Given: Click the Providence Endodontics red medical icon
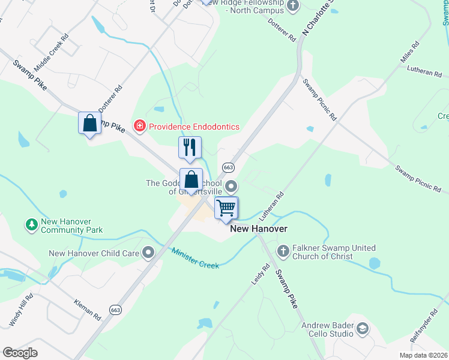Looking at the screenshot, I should click(x=140, y=126).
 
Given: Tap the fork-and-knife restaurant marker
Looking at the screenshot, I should click(x=190, y=148).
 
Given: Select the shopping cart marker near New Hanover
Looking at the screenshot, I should click(x=226, y=209).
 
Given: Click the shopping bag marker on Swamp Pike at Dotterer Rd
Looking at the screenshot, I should click(x=89, y=123).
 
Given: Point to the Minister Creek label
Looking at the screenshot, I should click(x=195, y=258).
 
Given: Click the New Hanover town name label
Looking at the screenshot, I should click(x=259, y=229).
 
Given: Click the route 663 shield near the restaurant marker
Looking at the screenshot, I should click(x=228, y=167).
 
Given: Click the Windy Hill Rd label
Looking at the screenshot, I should click(x=20, y=310).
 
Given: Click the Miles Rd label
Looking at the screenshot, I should click(x=409, y=52).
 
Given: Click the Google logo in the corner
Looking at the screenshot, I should click(x=20, y=353).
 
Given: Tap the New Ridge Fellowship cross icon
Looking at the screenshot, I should click(x=293, y=7).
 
